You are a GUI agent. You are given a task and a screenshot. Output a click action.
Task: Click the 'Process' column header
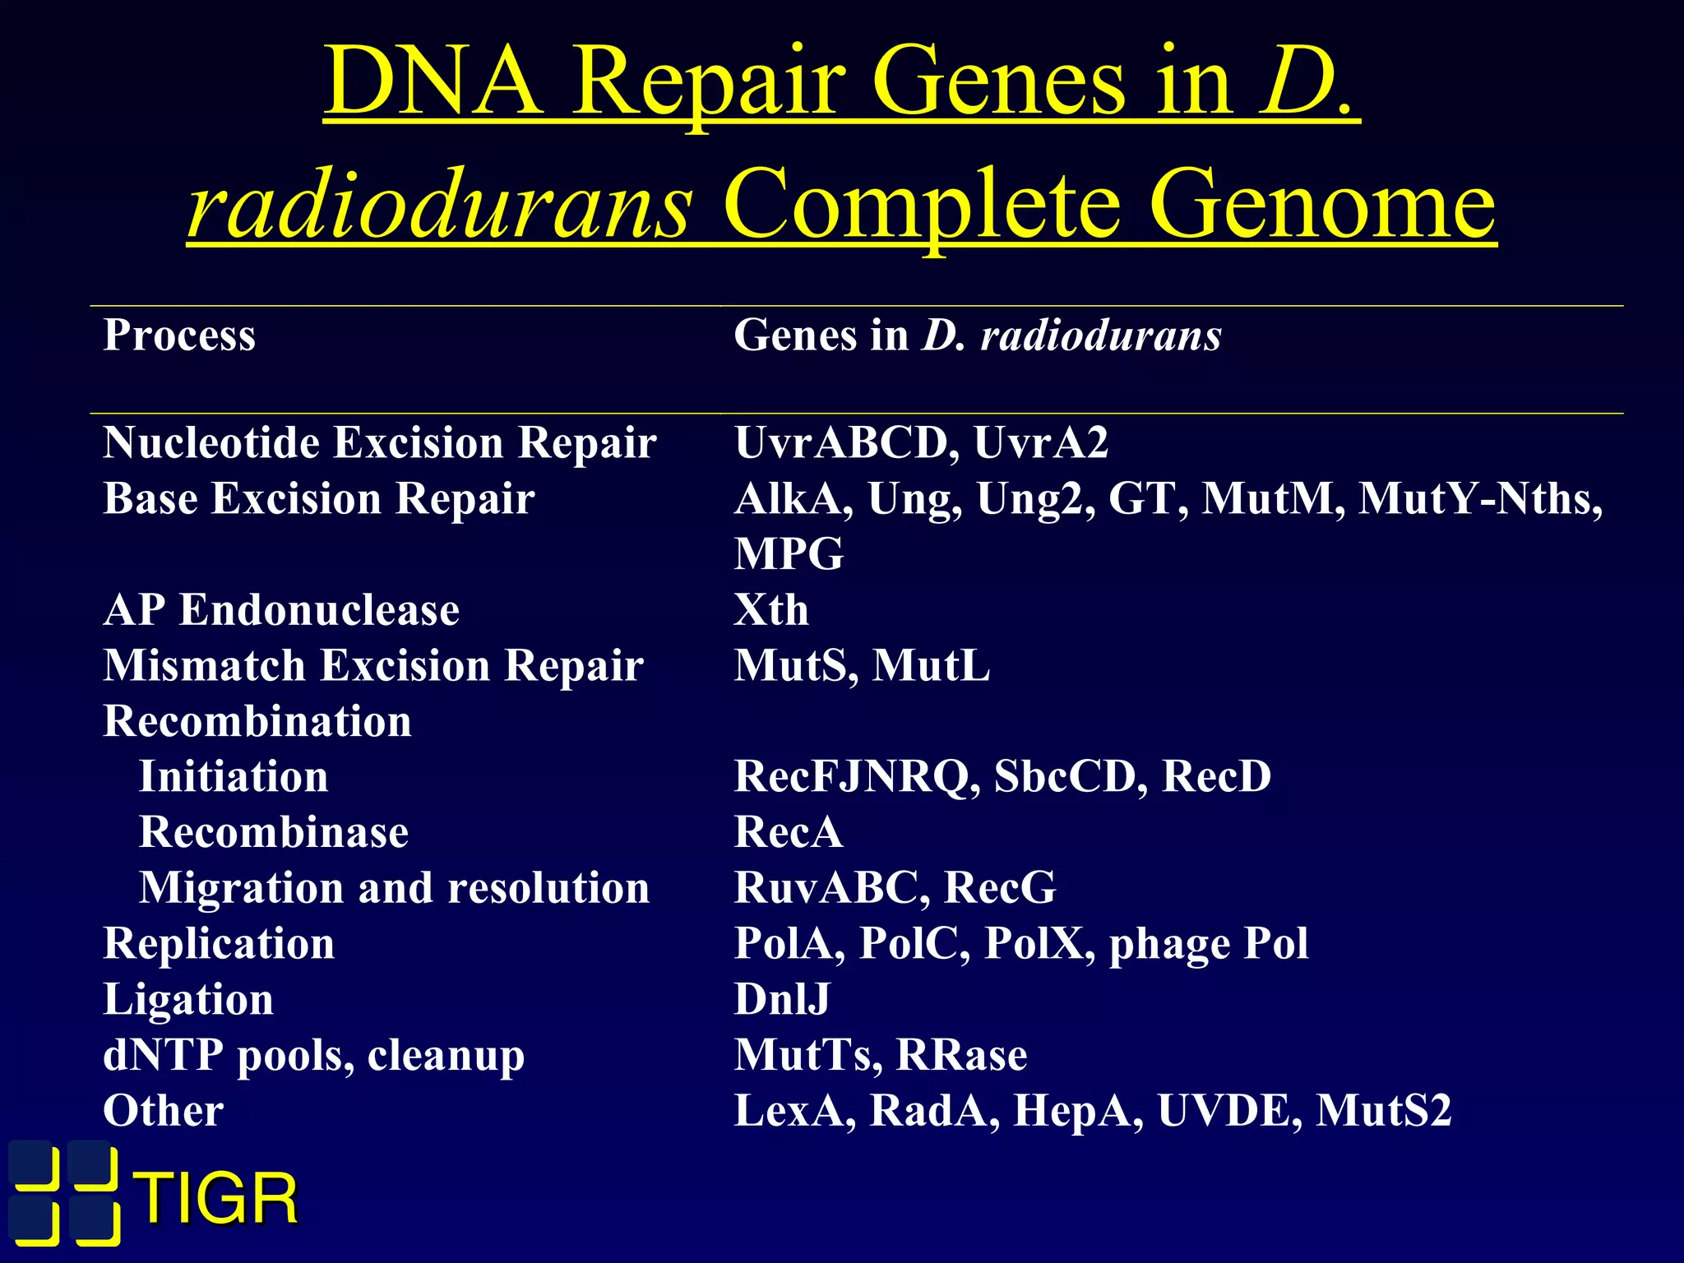[x=179, y=335]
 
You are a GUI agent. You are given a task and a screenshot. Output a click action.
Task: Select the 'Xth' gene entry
[x=771, y=610]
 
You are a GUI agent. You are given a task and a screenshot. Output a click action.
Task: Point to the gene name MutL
[x=931, y=665]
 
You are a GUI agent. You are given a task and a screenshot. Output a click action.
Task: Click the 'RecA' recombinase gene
[x=789, y=831]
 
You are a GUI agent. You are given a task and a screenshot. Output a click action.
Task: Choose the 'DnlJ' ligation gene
[x=782, y=999]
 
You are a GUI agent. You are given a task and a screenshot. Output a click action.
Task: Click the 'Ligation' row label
[x=188, y=1000]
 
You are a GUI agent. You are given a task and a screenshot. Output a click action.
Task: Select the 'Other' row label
[x=164, y=1111]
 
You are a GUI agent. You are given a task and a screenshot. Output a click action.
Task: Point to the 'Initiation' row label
[x=234, y=776]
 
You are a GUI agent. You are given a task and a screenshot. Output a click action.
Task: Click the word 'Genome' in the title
[x=1321, y=204]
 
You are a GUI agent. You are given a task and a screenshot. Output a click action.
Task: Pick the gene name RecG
[x=1000, y=887]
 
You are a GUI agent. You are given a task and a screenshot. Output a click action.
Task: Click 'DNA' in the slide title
[x=433, y=82]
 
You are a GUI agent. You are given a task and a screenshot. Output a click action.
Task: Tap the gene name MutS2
[x=1384, y=1111]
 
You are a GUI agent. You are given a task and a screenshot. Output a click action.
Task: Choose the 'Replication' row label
[x=219, y=944]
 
